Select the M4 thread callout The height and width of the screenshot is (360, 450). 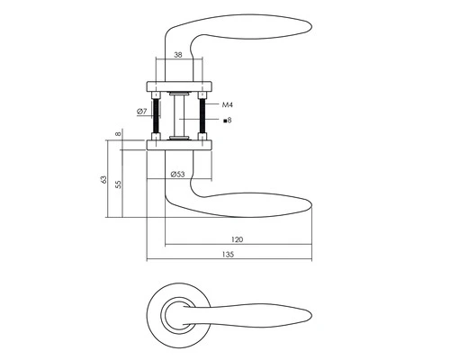coord(228,103)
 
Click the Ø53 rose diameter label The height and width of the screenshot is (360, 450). coord(178,175)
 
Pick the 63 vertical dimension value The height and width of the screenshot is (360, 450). coord(104,181)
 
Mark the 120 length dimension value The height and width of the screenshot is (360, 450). coord(238,240)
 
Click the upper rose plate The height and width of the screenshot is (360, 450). coord(178,86)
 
